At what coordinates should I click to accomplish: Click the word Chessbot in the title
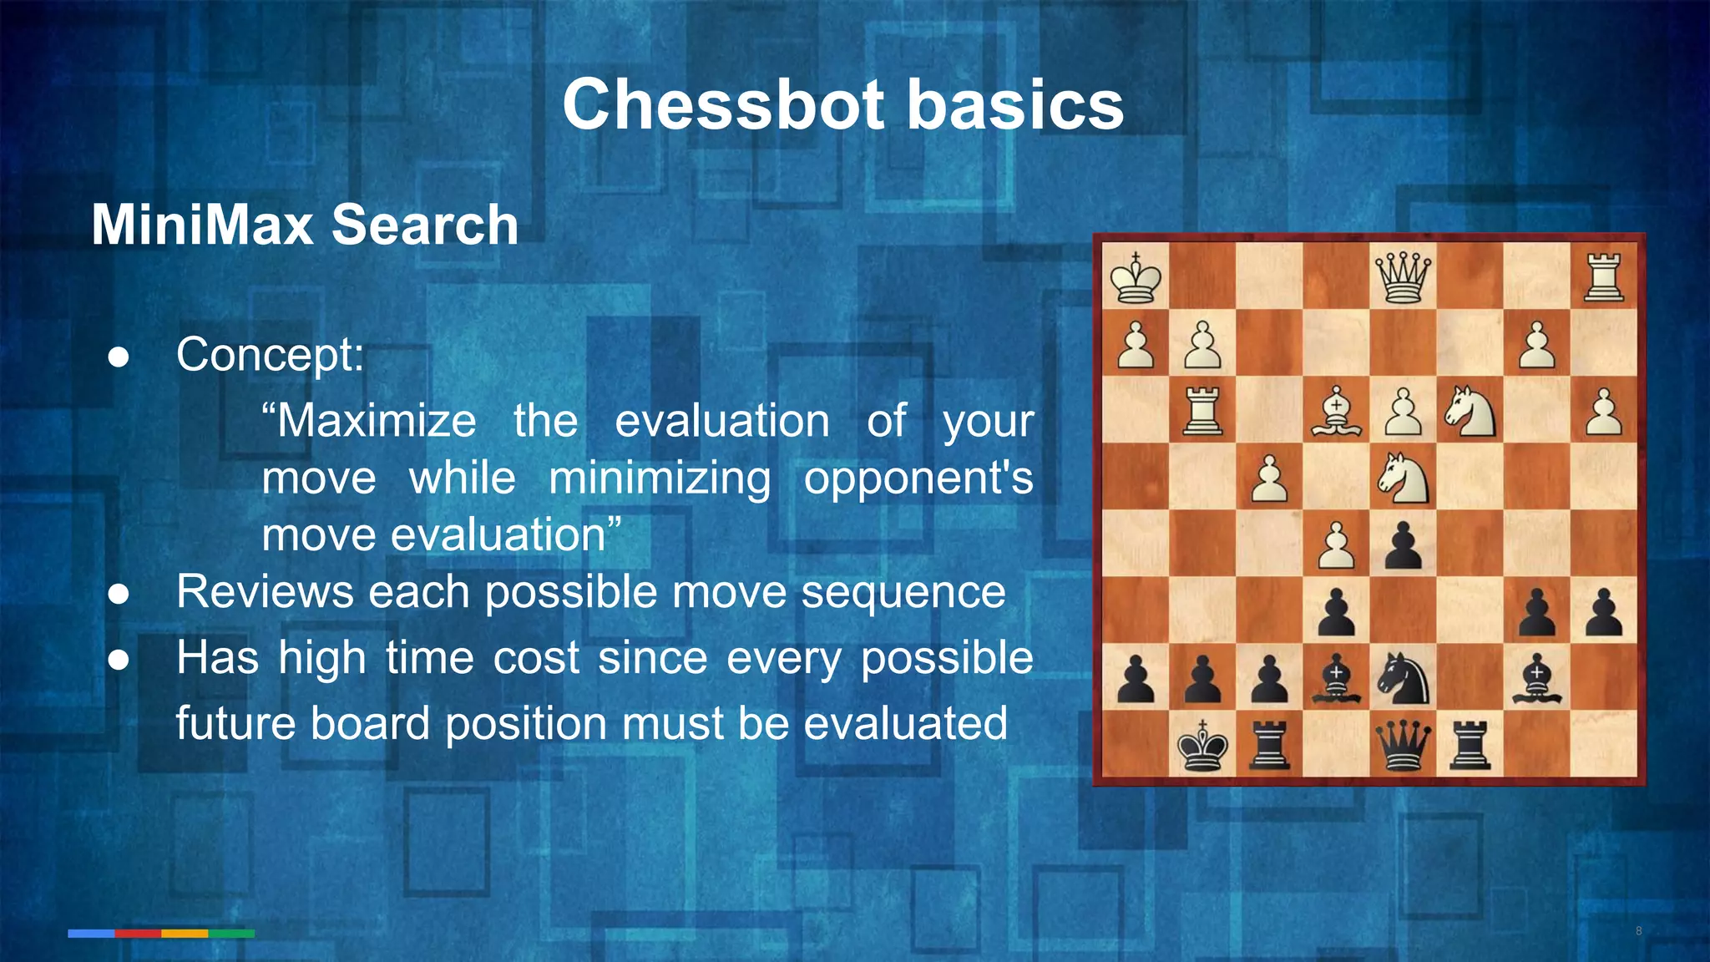pyautogui.click(x=723, y=104)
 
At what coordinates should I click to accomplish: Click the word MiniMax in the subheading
pyautogui.click(x=201, y=225)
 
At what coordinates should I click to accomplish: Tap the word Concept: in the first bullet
pyautogui.click(x=270, y=354)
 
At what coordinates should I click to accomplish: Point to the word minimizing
pyautogui.click(x=660, y=478)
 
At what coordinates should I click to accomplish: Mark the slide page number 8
pyautogui.click(x=1638, y=931)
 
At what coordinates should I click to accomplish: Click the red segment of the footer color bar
pyautogui.click(x=138, y=934)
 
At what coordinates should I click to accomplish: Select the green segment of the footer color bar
pyautogui.click(x=231, y=934)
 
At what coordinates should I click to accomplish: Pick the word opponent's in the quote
pyautogui.click(x=918, y=478)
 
